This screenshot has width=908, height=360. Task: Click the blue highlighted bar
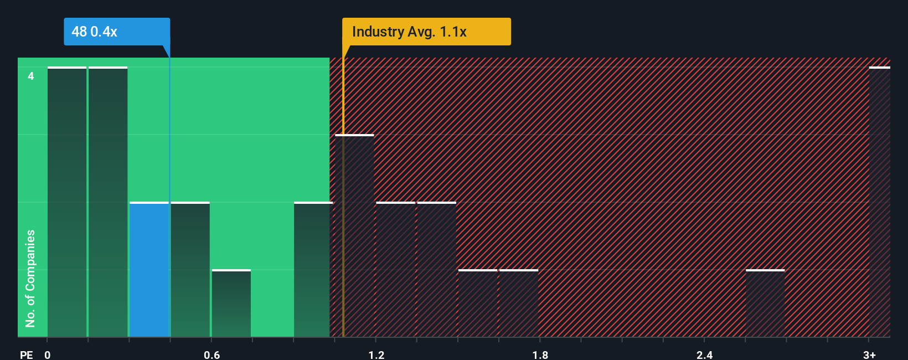pos(149,270)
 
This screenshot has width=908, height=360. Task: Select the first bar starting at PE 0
pos(67,202)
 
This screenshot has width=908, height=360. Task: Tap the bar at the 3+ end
pos(879,202)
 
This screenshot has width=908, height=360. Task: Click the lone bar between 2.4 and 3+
pos(765,304)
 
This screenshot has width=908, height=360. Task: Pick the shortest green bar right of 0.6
pos(231,304)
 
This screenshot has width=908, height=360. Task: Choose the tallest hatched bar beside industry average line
pos(355,236)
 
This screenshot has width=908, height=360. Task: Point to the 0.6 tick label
pos(211,354)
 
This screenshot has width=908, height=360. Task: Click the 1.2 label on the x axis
pos(376,354)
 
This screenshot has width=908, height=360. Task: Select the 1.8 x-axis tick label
pos(540,354)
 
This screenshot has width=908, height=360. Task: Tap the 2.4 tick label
pos(704,354)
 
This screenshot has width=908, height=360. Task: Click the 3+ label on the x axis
pos(869,354)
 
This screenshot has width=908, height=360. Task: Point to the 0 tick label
pos(48,354)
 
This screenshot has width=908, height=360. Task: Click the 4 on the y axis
pos(31,76)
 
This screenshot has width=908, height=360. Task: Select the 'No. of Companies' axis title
pos(30,278)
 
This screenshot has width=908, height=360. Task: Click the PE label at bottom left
pos(26,354)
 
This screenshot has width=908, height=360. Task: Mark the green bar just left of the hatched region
pos(312,270)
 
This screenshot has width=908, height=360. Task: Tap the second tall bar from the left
pos(108,202)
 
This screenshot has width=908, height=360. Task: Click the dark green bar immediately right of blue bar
pos(190,270)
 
